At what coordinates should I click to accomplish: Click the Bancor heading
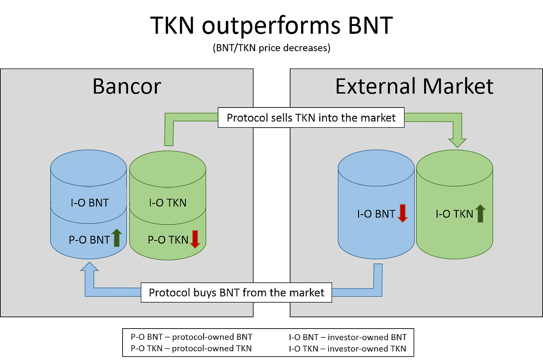127,87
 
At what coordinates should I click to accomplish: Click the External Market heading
414,87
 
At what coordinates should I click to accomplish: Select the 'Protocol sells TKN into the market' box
311,118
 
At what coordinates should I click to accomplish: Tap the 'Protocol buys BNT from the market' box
236,292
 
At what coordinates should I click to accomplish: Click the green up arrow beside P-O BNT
117,237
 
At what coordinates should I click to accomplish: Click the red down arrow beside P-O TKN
195,239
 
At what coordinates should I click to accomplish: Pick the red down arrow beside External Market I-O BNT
403,213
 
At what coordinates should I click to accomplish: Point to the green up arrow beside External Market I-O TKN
480,213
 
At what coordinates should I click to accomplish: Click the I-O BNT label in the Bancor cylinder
90,203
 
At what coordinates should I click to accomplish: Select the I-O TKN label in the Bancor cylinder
168,203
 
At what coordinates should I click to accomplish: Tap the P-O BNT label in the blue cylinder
89,240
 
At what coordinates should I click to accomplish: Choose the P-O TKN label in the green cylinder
168,240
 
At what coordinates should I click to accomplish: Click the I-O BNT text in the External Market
376,214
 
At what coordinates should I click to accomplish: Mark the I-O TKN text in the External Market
454,214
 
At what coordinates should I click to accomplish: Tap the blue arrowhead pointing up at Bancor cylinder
90,268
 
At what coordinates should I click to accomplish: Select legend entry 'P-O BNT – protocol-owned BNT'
191,337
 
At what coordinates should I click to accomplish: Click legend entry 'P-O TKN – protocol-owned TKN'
191,348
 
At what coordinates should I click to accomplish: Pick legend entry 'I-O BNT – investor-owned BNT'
348,337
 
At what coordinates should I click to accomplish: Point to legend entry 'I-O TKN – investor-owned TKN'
347,349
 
